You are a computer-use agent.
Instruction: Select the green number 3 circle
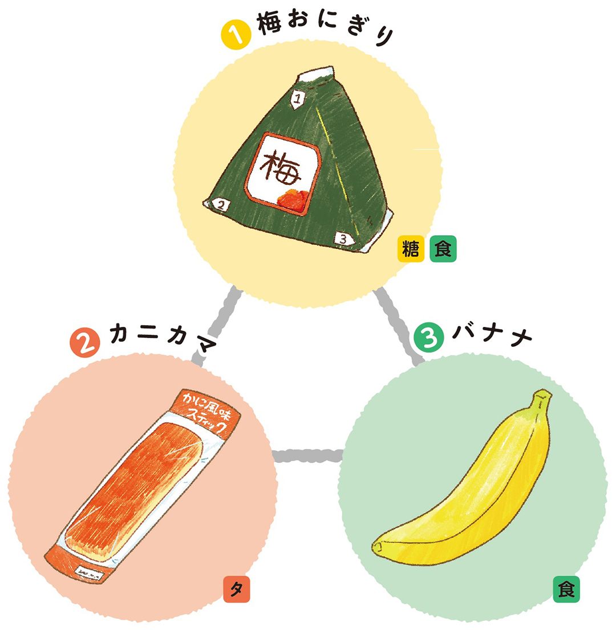(x=429, y=338)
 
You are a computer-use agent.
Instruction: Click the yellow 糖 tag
(x=411, y=249)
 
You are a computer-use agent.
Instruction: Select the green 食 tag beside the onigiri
(x=443, y=249)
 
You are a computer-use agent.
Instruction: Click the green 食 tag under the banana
(x=566, y=590)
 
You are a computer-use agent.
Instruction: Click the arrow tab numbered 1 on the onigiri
(x=297, y=99)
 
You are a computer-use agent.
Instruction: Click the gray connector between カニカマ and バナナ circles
(x=308, y=456)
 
